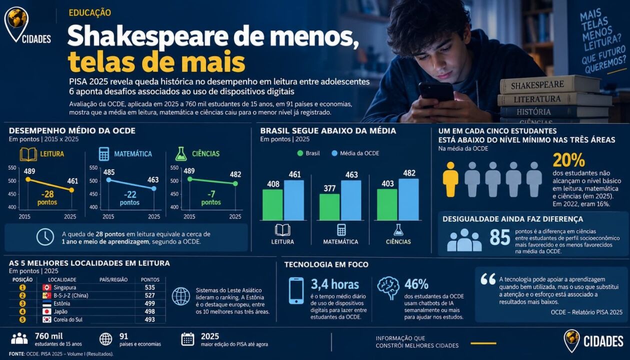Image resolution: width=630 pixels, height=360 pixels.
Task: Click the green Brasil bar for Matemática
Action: point(329,207)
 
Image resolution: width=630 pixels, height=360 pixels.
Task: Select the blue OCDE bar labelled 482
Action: point(408,199)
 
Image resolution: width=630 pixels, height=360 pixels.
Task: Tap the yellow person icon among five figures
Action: point(450,179)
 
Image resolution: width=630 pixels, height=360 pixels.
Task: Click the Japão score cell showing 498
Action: point(150,311)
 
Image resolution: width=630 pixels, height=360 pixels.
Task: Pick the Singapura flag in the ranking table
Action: point(46,287)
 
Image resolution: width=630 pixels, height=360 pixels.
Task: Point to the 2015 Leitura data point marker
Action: point(28,179)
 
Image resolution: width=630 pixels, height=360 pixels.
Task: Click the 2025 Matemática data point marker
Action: point(154,188)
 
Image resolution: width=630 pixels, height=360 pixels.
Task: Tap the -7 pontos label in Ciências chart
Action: point(211,197)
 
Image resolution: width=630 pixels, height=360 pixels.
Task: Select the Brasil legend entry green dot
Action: point(300,153)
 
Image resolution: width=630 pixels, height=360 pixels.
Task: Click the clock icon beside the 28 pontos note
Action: point(45,237)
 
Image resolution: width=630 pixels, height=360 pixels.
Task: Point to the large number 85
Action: point(500,237)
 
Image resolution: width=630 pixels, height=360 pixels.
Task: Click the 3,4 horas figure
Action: point(335,284)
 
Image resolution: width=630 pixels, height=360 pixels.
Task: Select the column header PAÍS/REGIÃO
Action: point(113,279)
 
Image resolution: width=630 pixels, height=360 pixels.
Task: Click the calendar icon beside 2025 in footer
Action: point(187,339)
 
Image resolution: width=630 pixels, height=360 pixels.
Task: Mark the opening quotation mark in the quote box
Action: point(488,279)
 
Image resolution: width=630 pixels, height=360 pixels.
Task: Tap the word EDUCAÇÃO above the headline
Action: point(89,12)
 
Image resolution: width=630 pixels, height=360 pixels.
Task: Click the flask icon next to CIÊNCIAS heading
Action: point(181,153)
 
